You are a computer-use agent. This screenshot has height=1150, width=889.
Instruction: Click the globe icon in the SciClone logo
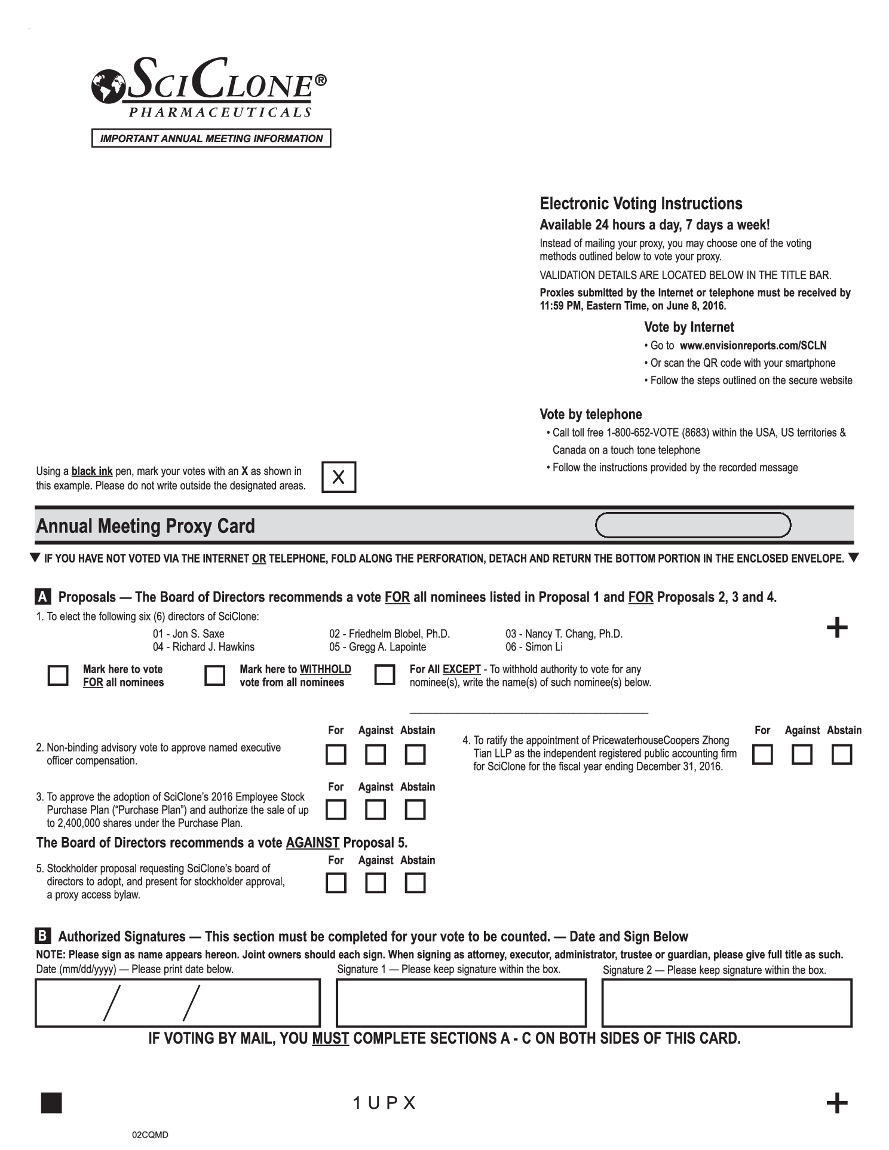tap(108, 85)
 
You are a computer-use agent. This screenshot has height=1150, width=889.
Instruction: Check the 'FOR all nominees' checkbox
tap(58, 676)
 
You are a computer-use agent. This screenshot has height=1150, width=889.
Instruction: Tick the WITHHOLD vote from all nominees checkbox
tap(215, 676)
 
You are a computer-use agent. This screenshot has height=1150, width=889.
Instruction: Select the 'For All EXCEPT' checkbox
tap(385, 675)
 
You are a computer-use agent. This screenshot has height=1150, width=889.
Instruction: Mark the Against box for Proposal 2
tap(375, 755)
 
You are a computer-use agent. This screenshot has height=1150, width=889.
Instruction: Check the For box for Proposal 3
tap(336, 810)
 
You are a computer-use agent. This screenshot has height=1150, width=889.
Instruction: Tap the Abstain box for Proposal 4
tap(842, 755)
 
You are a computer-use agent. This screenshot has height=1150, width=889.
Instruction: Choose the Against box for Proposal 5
tap(375, 883)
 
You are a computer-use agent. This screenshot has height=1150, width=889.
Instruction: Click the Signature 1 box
tap(461, 1003)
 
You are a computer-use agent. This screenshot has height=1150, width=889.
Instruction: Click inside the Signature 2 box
tap(726, 1003)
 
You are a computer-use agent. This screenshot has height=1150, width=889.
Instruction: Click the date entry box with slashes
tap(177, 1003)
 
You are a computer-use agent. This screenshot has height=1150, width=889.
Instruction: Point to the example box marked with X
tap(339, 477)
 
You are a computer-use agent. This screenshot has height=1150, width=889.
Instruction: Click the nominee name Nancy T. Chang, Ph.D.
tap(564, 634)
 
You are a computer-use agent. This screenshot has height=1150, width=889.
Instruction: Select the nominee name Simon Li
tap(534, 647)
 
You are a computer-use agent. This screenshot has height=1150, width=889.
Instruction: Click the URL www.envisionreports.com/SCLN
tap(753, 345)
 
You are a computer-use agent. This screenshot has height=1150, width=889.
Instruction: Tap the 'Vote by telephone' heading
tap(590, 415)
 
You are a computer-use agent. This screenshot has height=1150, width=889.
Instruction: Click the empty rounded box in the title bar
tap(693, 526)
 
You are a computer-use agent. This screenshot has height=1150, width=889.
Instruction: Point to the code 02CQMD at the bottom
tap(150, 1134)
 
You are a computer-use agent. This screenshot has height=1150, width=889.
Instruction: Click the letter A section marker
tap(43, 597)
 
